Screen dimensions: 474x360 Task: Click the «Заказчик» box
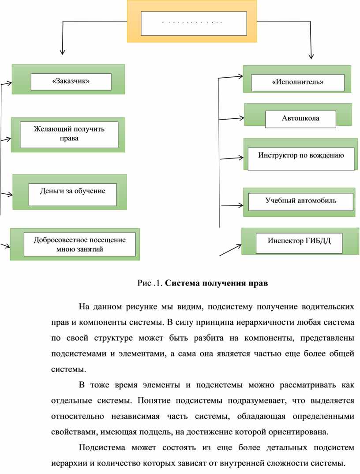coord(71,82)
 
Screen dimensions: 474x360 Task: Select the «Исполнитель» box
coord(297,83)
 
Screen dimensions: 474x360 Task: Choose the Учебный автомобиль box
coord(300,201)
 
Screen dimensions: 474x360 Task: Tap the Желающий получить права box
coord(69,135)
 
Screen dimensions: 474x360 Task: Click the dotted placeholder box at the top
coord(193,23)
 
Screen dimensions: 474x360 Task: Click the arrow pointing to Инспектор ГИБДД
coord(230,249)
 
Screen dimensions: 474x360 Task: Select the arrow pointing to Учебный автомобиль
coord(232,205)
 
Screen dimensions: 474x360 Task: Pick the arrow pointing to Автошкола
coord(232,119)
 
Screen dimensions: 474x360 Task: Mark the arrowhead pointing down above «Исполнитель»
coord(311,55)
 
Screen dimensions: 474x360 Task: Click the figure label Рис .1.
coord(150,283)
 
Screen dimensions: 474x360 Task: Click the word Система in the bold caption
coord(184,283)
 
